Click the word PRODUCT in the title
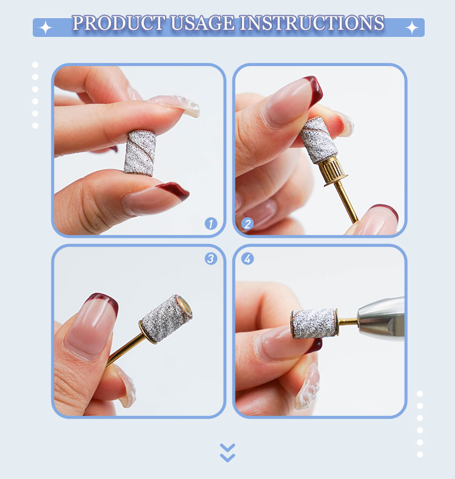pos(116,24)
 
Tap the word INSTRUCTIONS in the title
pos(312,24)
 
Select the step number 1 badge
pos(211,223)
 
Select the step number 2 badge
pos(247,223)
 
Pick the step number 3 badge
pos(211,259)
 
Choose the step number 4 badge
pos(247,259)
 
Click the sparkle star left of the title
pos(45,27)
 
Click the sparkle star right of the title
pos(412,27)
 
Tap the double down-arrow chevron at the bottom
pos(227,452)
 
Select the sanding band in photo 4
pos(314,323)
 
